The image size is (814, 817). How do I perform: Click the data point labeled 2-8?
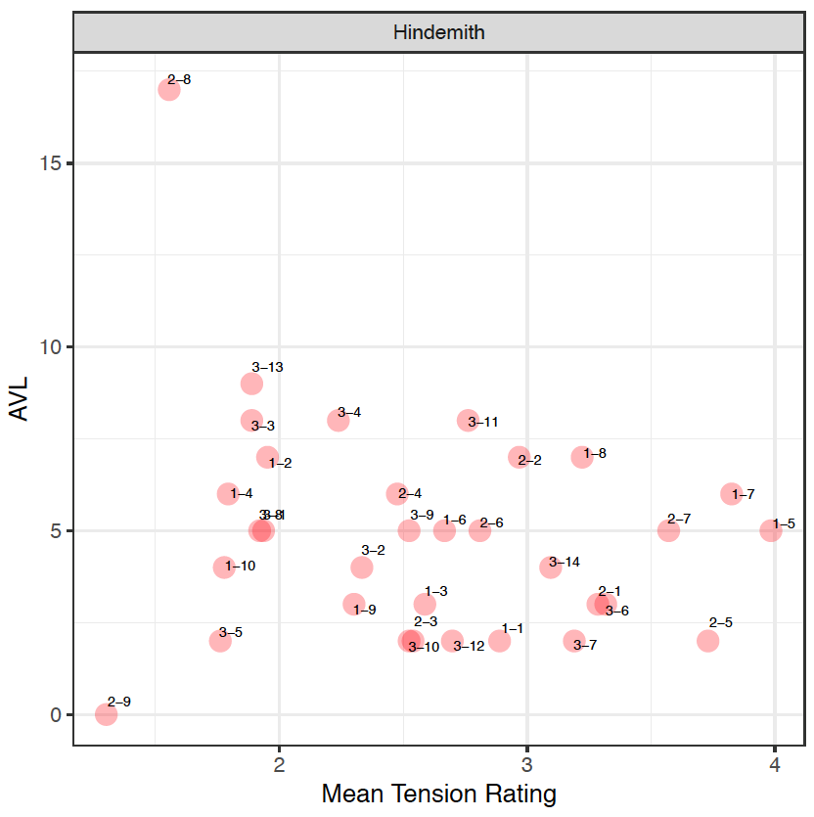point(169,89)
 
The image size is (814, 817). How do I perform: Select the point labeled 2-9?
point(106,714)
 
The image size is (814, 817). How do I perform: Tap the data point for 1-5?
point(771,530)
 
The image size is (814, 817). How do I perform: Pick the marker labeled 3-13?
point(252,384)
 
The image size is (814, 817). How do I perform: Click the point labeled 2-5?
point(708,641)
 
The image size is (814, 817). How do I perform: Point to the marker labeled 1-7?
point(732,494)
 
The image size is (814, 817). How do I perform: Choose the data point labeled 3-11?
point(468,420)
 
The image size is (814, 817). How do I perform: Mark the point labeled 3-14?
point(551,567)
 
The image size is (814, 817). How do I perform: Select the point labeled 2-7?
point(668,530)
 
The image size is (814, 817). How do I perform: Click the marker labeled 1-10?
point(224,567)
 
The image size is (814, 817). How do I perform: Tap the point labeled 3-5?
point(220,641)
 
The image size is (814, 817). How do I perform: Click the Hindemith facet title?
point(439,32)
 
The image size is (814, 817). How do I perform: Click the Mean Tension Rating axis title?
point(438,794)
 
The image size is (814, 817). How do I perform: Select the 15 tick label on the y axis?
point(51,163)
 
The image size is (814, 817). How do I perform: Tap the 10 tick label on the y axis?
point(51,347)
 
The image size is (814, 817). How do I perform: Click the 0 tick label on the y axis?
point(57,715)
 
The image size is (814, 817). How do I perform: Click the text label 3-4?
point(349,413)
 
